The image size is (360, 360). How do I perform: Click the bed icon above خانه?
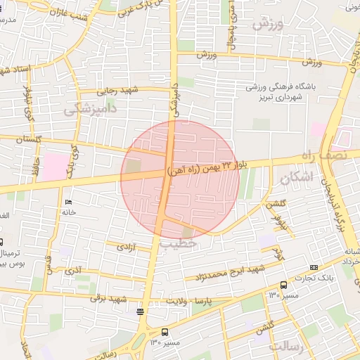69,203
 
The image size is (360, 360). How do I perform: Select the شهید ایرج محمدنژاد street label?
231,271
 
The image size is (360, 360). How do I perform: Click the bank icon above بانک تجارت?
314,267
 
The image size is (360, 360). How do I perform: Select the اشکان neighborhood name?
293,179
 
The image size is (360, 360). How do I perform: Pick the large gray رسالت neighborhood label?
284,347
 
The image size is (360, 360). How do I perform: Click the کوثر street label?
278,255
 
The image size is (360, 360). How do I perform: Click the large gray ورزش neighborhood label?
266,26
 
